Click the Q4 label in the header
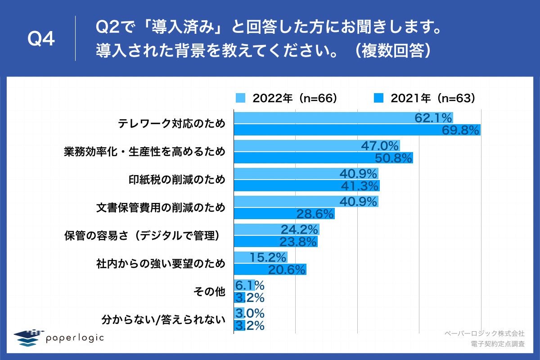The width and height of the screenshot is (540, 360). point(41,40)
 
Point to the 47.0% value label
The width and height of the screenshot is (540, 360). point(380,146)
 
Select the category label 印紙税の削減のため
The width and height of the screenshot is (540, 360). point(175,180)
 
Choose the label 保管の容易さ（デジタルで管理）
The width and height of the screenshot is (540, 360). point(144,235)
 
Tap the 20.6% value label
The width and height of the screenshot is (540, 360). point(287,270)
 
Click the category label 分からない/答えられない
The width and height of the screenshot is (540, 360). point(162,319)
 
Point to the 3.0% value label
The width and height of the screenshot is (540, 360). point(249,313)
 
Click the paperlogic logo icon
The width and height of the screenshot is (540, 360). point(27,338)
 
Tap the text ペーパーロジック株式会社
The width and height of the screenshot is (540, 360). point(484,333)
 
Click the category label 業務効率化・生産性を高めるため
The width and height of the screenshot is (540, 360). point(144,152)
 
